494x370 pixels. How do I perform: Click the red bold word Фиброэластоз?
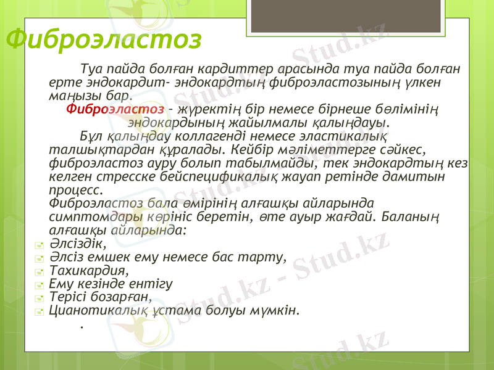pyautogui.click(x=115, y=109)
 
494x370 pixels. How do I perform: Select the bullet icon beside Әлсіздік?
pyautogui.click(x=40, y=245)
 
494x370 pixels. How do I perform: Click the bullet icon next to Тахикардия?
pyautogui.click(x=40, y=271)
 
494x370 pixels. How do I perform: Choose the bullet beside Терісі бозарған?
pyautogui.click(x=40, y=297)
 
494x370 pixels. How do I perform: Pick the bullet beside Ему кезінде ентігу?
pyautogui.click(x=40, y=284)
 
